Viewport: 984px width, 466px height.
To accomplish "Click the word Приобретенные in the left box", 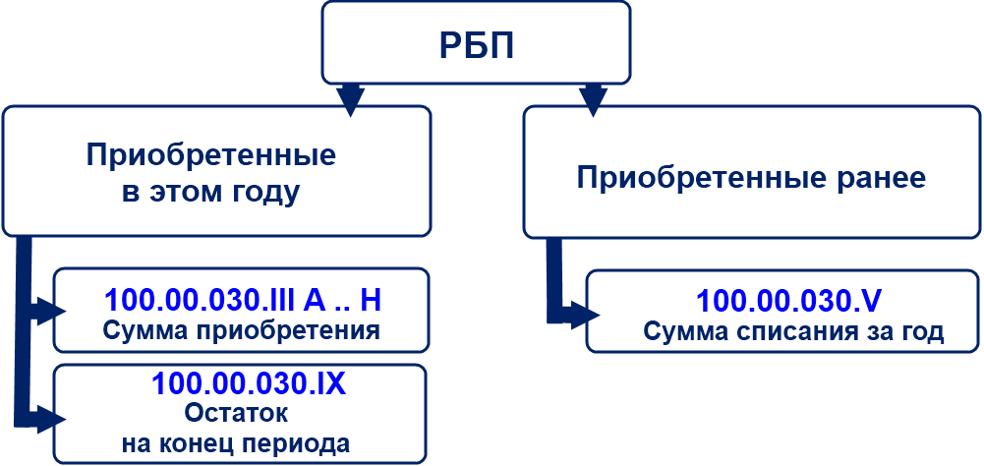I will click(210, 155).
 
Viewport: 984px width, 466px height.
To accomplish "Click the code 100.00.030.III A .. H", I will click(241, 299).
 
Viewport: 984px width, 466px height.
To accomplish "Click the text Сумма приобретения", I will click(241, 328).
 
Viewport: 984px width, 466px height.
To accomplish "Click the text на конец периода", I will click(236, 443).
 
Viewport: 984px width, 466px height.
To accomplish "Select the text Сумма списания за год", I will click(793, 331).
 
